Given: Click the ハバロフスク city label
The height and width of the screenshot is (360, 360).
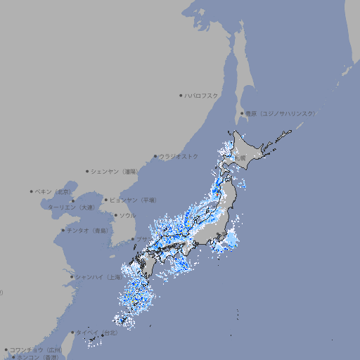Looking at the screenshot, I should point(201,95).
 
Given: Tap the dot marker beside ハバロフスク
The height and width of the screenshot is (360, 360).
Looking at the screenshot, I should point(181,95).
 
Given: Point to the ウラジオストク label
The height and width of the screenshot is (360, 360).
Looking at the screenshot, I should point(179,156).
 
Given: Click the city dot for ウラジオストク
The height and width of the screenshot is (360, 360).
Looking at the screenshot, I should point(155,156).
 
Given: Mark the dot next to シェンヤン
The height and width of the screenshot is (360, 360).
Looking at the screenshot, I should point(88,171).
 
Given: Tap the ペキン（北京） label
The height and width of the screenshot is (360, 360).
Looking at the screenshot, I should point(53,191).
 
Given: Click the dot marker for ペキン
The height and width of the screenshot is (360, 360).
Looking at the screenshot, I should point(32,191).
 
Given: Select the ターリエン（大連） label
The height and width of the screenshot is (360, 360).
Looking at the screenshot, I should point(71,207).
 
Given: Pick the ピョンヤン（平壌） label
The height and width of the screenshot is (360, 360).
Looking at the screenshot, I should point(134,200).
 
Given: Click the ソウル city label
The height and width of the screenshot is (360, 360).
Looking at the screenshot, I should point(127,215).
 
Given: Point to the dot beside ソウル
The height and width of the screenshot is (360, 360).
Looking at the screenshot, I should point(115,215).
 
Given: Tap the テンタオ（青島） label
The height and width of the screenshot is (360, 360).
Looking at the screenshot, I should point(88,230).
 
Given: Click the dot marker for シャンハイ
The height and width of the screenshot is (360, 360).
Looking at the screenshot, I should point(72,277).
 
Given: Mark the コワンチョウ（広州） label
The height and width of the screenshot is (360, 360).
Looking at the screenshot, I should point(36,349).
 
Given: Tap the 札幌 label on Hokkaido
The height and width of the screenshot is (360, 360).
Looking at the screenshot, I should point(241,158).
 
